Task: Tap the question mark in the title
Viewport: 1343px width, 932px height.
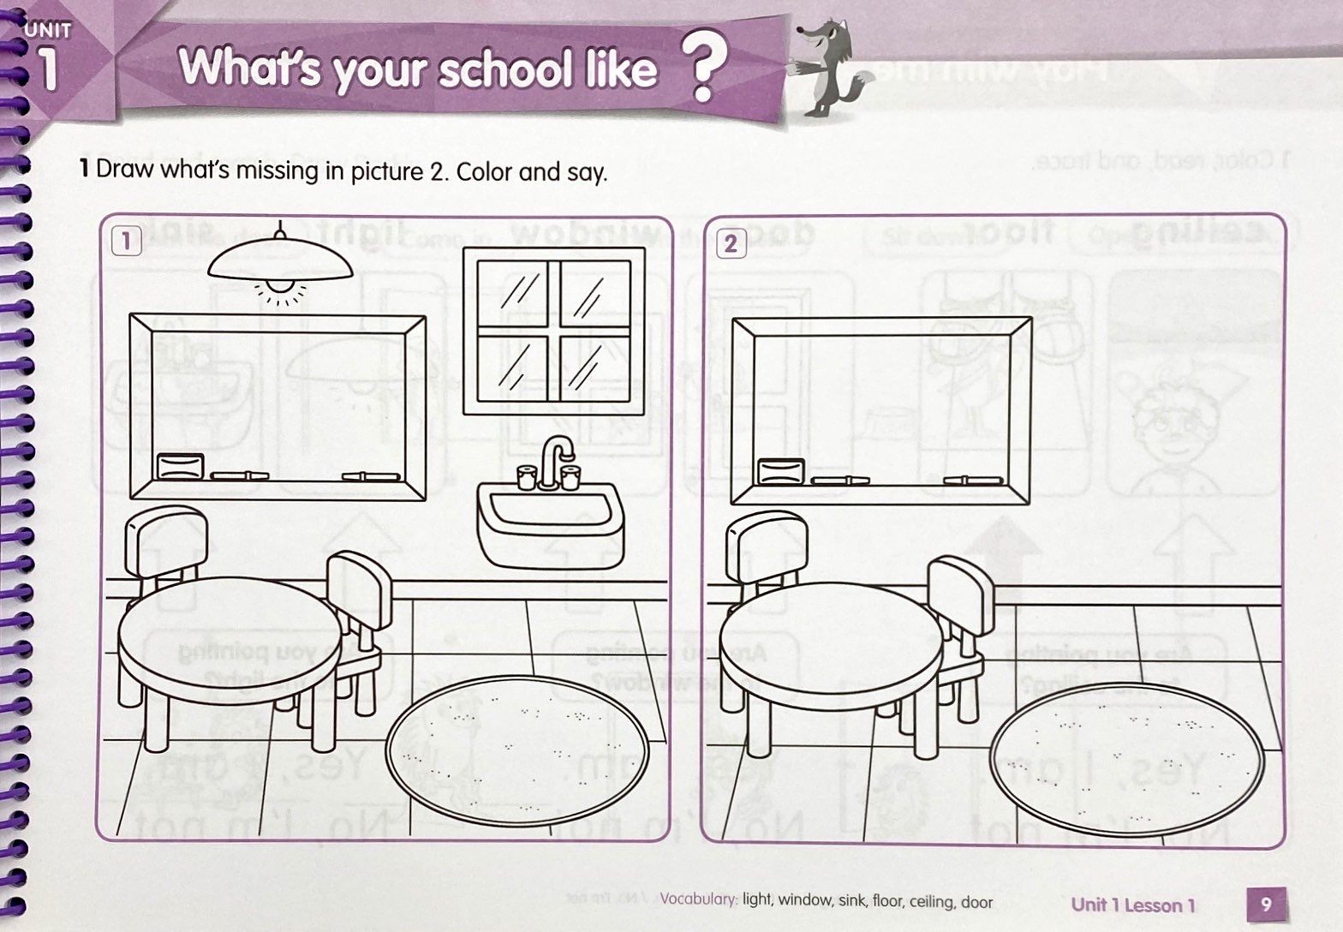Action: click(702, 69)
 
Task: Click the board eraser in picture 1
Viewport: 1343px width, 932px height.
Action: click(181, 468)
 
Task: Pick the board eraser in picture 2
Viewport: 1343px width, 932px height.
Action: click(782, 470)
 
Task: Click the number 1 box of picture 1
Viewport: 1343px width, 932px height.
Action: click(126, 241)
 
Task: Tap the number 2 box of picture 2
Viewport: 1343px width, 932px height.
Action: click(730, 243)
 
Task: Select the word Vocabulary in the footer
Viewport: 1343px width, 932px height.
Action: click(699, 901)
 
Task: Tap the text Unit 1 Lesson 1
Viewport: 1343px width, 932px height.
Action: click(1132, 905)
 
